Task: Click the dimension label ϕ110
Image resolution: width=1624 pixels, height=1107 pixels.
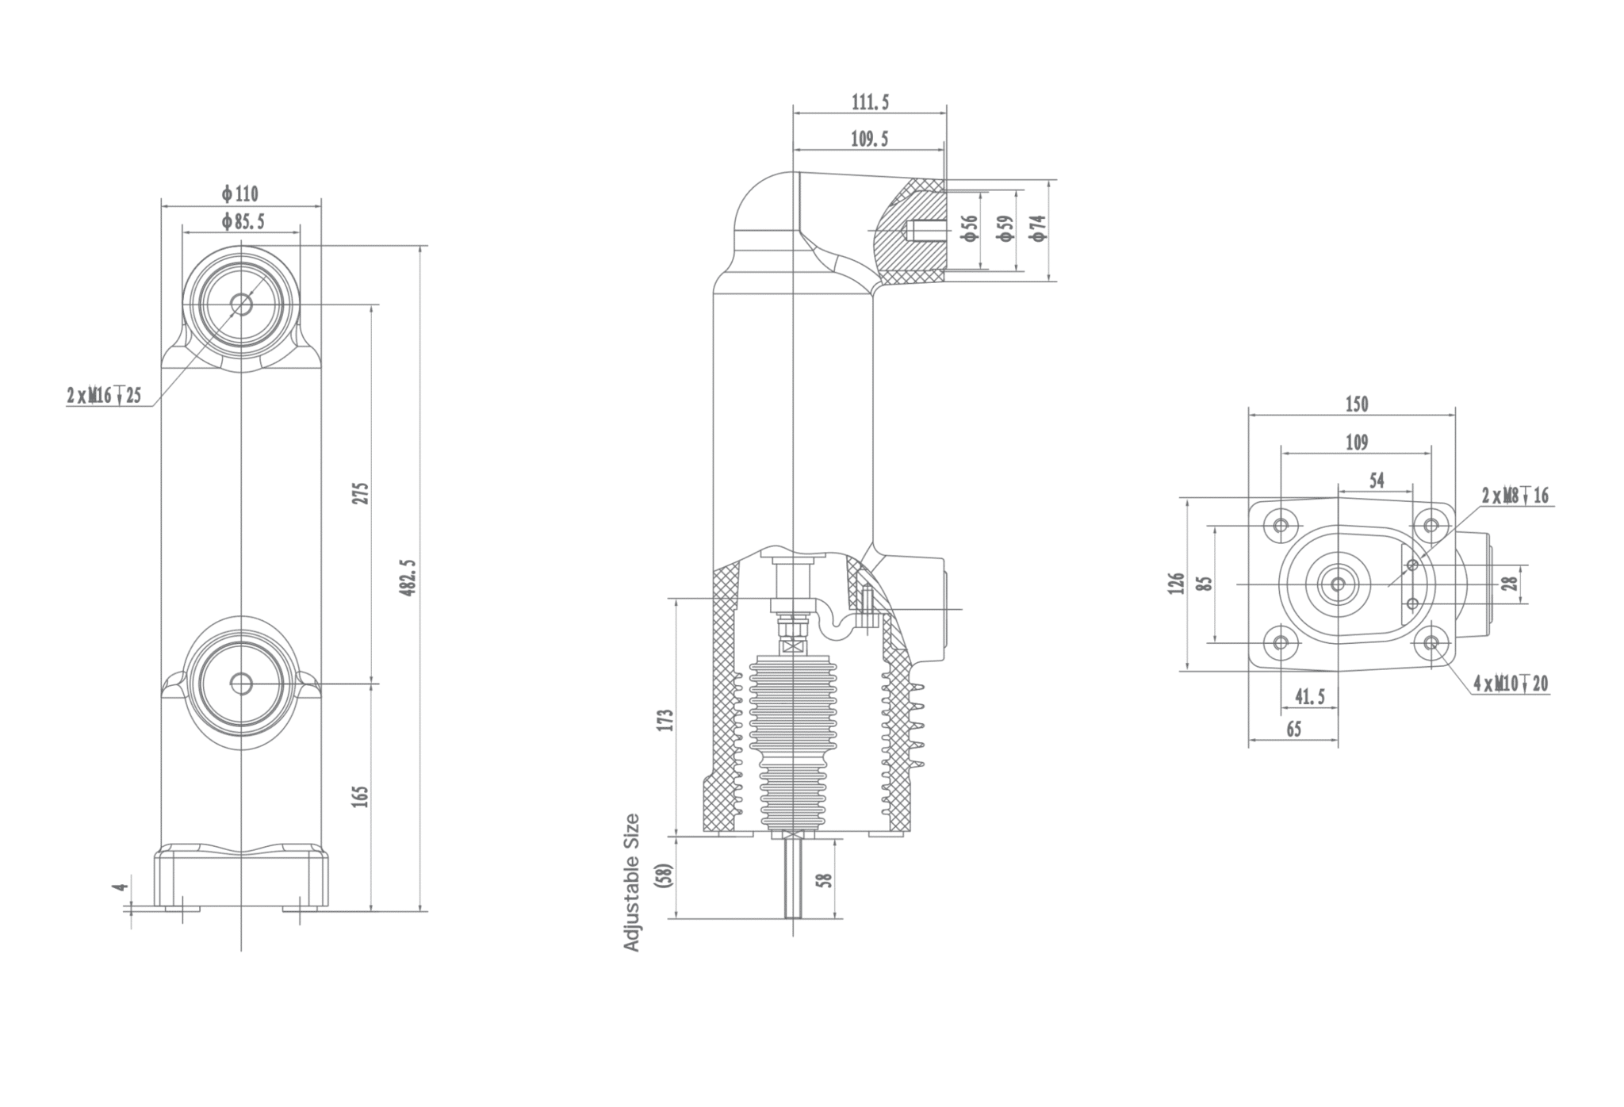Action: (x=240, y=193)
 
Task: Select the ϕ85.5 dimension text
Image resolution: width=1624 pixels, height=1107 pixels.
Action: (x=243, y=222)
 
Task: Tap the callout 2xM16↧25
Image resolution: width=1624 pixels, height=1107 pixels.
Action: (x=104, y=395)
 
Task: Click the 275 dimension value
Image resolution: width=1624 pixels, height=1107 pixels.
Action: (x=361, y=493)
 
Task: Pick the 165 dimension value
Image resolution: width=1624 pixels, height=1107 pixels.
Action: (x=361, y=796)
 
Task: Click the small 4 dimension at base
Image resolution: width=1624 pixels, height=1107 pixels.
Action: (x=120, y=887)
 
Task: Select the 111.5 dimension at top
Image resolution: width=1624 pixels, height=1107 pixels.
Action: (x=870, y=102)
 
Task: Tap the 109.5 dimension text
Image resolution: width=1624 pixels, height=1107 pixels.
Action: (x=869, y=140)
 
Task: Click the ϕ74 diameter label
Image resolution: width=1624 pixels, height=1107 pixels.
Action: (x=1038, y=228)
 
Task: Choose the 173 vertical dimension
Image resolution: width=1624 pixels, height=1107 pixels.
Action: (x=666, y=720)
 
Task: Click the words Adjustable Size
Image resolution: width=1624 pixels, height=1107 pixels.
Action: (x=632, y=882)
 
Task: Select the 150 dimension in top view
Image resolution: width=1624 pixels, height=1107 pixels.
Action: (x=1357, y=404)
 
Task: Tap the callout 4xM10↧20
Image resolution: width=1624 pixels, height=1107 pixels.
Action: (x=1511, y=684)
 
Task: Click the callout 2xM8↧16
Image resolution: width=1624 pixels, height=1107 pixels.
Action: (x=1515, y=496)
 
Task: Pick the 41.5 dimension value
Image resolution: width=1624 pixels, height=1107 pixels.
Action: (x=1309, y=696)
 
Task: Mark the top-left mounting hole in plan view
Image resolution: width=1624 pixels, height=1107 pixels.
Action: (x=1281, y=525)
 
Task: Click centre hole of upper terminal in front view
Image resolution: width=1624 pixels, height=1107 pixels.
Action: (x=241, y=305)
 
